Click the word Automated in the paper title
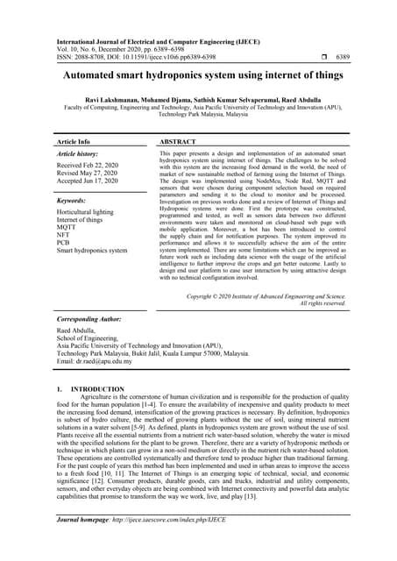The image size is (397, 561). [x=92, y=77]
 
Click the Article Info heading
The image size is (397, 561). [x=73, y=141]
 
